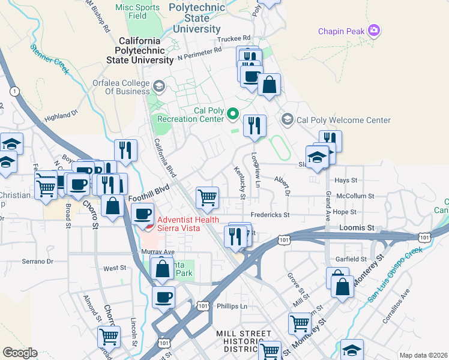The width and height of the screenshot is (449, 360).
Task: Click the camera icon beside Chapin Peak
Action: [x=375, y=30]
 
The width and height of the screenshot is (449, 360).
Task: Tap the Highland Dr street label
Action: [x=62, y=114]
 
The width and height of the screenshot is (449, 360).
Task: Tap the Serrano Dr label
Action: [x=38, y=262]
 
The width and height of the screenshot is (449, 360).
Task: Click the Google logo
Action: [x=20, y=352]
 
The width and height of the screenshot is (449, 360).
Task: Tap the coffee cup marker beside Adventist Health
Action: [x=142, y=214]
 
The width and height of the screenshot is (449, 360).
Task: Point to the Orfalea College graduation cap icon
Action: [x=159, y=86]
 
